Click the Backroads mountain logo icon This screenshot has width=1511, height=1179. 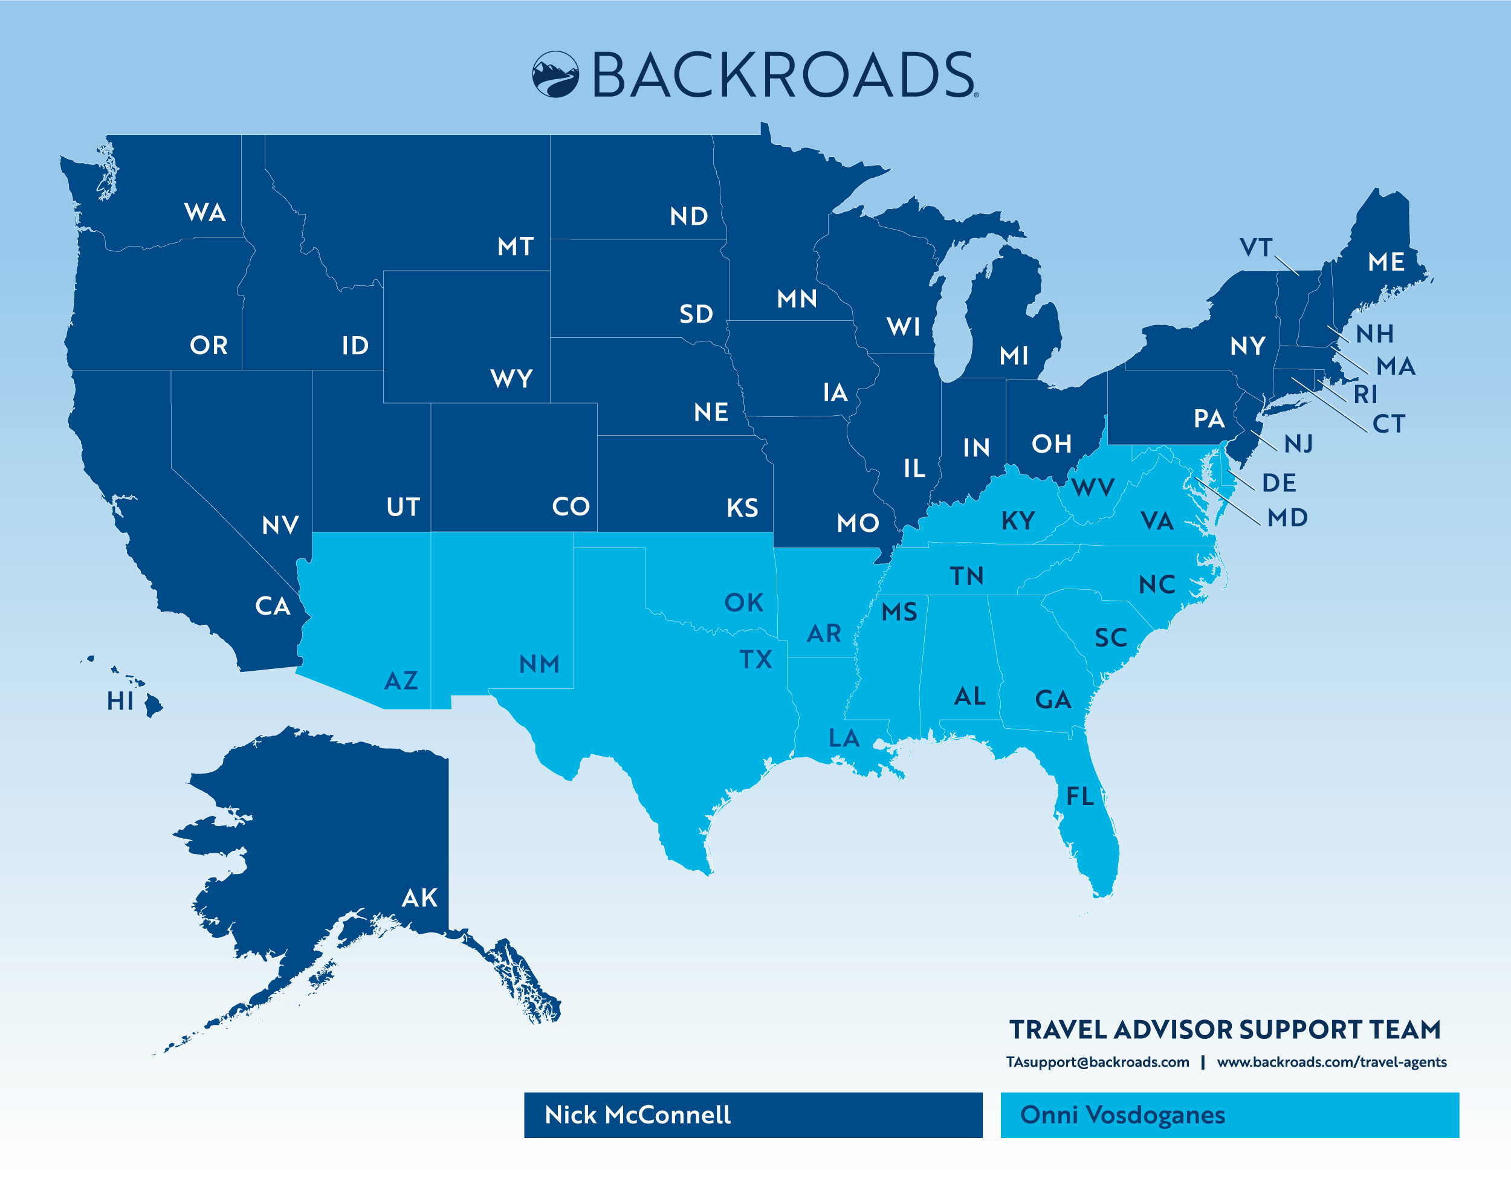(x=555, y=74)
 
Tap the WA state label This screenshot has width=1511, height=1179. (x=205, y=213)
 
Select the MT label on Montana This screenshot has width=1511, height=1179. (x=516, y=247)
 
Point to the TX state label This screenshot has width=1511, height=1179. (x=756, y=659)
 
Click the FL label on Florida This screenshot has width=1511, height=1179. (x=1080, y=796)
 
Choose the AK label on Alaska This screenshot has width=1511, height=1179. (x=419, y=898)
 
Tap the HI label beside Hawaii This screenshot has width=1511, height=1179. (x=120, y=701)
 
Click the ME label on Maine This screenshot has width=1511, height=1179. (x=1386, y=262)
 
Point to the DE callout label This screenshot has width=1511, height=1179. (x=1278, y=483)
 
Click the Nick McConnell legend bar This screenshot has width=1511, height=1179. (x=752, y=1115)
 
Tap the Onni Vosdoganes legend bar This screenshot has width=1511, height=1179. (x=1229, y=1115)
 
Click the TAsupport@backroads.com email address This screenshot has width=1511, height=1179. (x=1097, y=1062)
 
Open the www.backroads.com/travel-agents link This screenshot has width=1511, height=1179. (x=1331, y=1062)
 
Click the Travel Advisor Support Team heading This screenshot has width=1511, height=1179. (x=1225, y=1030)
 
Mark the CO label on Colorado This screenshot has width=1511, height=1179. (x=571, y=506)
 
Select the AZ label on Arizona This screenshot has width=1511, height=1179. (x=401, y=681)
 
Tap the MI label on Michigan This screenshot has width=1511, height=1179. (x=1014, y=356)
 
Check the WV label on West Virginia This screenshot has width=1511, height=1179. (x=1093, y=487)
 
